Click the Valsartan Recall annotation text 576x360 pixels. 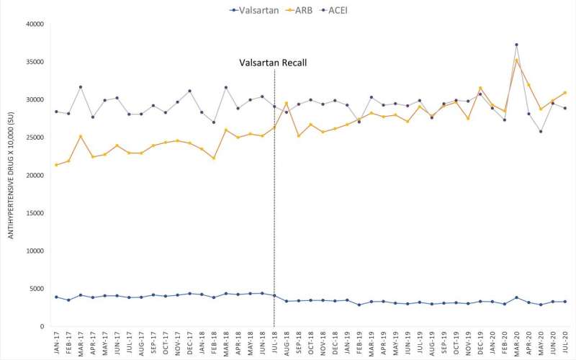point(274,63)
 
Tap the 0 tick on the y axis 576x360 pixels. point(42,326)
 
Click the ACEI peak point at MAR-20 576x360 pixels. point(516,45)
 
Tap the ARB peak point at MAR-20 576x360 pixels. point(516,59)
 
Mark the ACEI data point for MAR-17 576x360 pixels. point(81,87)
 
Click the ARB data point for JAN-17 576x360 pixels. point(56,165)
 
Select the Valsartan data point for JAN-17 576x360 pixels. point(56,297)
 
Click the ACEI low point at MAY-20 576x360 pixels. point(541,131)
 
